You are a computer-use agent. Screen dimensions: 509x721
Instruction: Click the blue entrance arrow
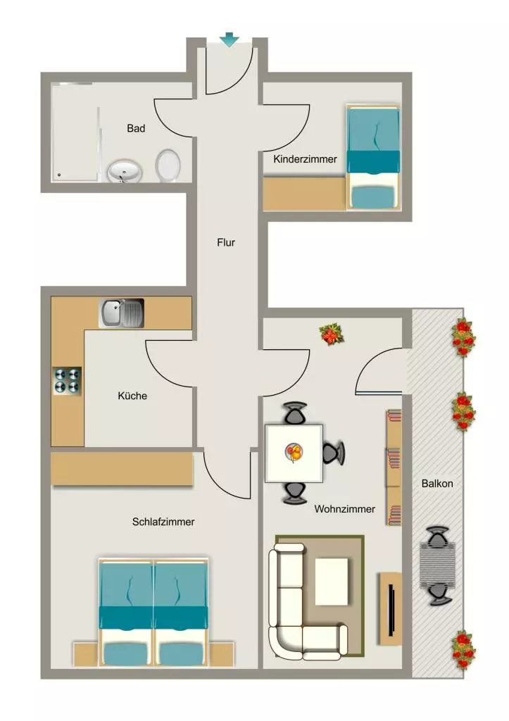[229, 39]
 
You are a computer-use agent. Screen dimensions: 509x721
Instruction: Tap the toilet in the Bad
[168, 165]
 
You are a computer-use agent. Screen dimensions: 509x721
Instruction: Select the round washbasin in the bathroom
[125, 171]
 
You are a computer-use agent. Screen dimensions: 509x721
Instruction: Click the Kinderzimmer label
[305, 159]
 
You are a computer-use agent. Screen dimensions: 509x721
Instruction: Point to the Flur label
[226, 242]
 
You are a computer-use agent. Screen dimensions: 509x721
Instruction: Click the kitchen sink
[121, 313]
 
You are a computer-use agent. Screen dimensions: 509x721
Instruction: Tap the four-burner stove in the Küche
[67, 381]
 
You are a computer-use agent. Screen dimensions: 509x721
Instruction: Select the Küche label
[132, 396]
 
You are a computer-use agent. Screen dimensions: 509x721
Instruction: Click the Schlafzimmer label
[163, 522]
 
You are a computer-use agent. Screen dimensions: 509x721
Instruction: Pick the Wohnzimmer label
[345, 509]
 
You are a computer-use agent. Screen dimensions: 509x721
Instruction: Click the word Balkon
[437, 483]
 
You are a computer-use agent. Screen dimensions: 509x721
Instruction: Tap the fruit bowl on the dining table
[294, 452]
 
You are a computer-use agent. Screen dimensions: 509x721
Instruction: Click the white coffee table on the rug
[331, 581]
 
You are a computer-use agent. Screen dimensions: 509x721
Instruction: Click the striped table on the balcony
[438, 565]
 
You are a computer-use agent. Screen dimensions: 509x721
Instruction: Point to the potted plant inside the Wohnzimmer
[332, 334]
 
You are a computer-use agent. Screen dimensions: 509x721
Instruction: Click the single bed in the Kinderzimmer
[373, 157]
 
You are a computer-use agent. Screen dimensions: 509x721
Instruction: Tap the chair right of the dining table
[334, 453]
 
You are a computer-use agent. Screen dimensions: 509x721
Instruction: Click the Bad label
[136, 128]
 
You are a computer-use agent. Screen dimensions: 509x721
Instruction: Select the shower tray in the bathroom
[75, 132]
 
